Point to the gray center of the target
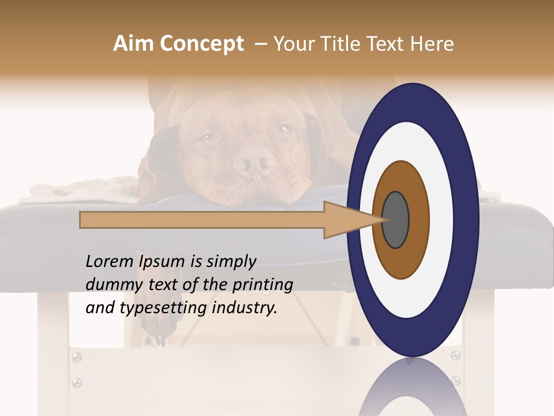coord(395,220)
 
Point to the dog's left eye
coord(284,128)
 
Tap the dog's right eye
coord(208,137)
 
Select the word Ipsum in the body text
coord(162,262)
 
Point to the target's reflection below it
coord(411,387)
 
